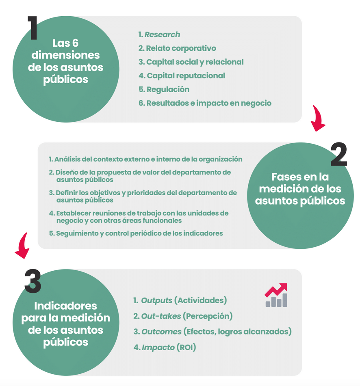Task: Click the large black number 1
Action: click(33, 28)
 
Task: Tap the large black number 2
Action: click(339, 154)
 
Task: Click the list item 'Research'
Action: click(162, 35)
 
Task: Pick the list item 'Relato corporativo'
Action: click(181, 48)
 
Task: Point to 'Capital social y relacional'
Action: click(195, 62)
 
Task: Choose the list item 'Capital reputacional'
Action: click(186, 76)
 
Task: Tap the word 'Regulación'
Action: click(168, 89)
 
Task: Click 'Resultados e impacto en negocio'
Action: click(209, 103)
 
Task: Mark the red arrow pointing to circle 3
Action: click(23, 246)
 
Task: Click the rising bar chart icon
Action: click(276, 295)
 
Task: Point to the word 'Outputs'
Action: click(156, 300)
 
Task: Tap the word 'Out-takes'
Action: click(161, 316)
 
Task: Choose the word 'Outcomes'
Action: click(161, 332)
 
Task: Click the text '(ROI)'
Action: click(186, 347)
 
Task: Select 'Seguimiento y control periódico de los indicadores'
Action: click(139, 233)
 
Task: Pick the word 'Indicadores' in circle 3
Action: click(65, 306)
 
